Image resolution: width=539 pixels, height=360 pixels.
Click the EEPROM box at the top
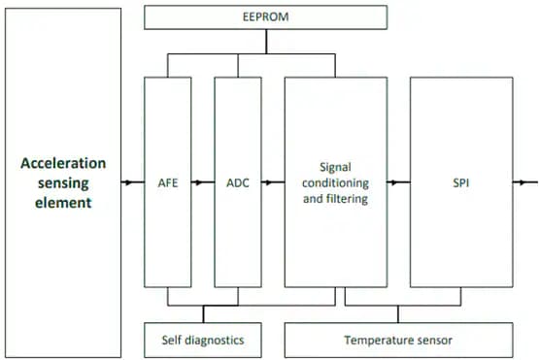(x=265, y=17)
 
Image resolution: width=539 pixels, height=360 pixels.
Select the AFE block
(x=168, y=182)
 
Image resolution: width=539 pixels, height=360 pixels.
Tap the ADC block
(x=238, y=182)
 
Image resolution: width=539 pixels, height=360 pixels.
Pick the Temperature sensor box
(x=398, y=341)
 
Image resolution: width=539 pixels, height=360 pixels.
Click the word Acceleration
(x=63, y=163)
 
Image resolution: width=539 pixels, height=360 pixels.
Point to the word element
(x=63, y=203)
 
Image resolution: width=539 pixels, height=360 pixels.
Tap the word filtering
(x=354, y=198)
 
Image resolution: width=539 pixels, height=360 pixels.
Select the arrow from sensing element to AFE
(x=130, y=182)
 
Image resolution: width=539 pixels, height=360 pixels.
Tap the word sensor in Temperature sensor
(x=434, y=341)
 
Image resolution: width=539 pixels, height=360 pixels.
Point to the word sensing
(x=63, y=182)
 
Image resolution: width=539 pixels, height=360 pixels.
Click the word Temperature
(x=380, y=341)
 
